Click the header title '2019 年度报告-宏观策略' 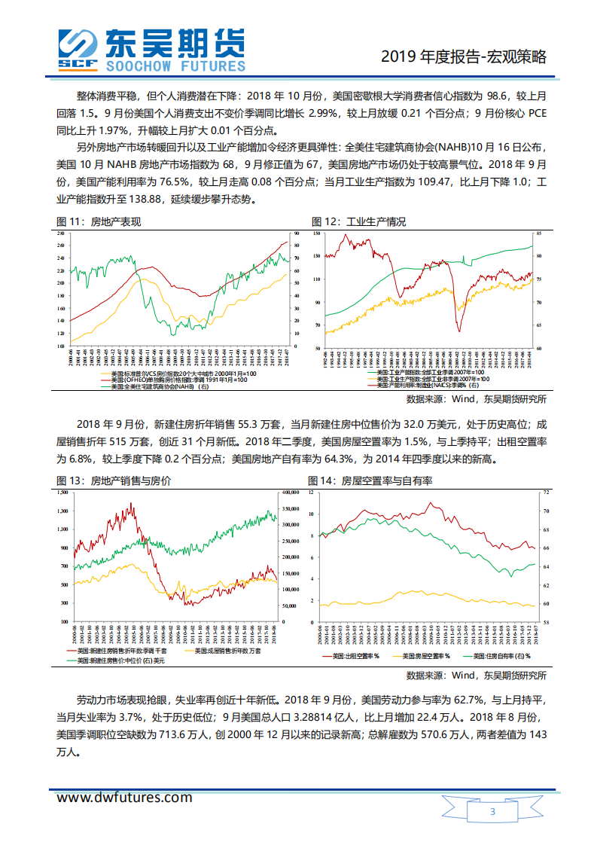463,56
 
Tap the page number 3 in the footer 492,812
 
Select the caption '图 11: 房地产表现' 99,221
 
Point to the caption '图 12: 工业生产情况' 359,221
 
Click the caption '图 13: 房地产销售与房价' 114,480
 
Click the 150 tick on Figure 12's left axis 318,233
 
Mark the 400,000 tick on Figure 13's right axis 290,493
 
